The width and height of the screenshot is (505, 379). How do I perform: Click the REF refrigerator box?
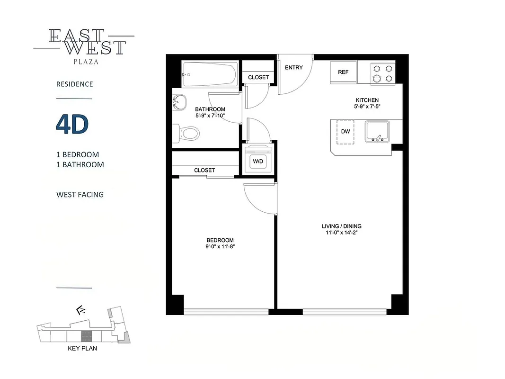[343, 72]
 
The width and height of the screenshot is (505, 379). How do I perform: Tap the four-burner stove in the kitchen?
[382, 73]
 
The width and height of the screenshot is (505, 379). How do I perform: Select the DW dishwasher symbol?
[346, 131]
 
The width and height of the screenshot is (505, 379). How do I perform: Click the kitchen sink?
[377, 131]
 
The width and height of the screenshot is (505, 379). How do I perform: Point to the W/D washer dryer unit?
[258, 161]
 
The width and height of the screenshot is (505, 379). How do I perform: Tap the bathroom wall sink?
[178, 101]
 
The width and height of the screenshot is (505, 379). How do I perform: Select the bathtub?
[208, 74]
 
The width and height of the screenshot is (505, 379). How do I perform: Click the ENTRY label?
[293, 68]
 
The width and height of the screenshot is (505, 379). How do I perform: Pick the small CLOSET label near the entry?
[258, 77]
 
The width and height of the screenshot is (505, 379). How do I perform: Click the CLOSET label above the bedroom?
[204, 170]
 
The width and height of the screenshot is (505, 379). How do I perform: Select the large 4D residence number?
[72, 125]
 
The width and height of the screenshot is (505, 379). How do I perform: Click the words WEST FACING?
[80, 194]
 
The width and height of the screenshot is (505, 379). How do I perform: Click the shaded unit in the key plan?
[86, 336]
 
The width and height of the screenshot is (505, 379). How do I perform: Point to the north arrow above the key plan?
[80, 311]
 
